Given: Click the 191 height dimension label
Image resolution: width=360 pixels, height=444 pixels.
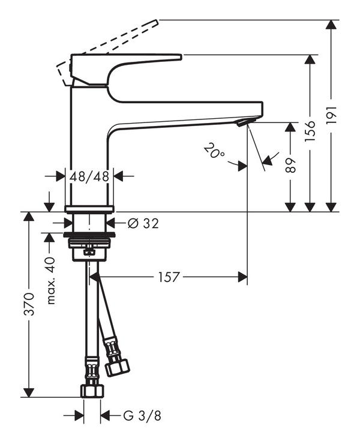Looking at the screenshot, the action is [331, 115].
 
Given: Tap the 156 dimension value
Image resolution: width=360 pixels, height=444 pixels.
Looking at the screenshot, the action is [310, 131].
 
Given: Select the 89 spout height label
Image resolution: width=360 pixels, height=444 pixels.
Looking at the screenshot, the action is [290, 166].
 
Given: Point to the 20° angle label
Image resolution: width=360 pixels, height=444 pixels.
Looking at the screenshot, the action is [214, 151].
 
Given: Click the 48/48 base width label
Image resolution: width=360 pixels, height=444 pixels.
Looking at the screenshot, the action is [89, 176].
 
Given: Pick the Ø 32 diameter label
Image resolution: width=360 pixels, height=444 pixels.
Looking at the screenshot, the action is [143, 224].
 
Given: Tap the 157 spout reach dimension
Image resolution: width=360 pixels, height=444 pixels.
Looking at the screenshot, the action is [169, 277].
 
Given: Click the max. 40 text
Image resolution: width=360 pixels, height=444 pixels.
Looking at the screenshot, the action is [51, 281].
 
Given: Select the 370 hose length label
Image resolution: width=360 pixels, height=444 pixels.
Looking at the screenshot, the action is [29, 304].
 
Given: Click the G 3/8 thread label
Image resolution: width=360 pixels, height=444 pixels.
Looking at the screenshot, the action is [142, 416].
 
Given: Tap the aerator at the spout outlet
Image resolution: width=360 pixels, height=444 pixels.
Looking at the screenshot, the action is [244, 122].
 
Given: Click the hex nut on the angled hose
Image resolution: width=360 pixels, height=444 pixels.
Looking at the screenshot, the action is [117, 367].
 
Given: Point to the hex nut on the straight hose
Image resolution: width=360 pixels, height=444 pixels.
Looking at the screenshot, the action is [92, 391].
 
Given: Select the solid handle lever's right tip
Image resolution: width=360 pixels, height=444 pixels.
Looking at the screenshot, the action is [181, 56].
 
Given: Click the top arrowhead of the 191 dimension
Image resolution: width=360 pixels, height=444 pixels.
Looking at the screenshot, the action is [331, 25].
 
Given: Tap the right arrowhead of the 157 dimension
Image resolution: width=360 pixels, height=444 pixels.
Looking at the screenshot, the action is [243, 277].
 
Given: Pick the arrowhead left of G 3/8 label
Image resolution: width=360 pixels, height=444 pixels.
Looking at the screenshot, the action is [79, 416].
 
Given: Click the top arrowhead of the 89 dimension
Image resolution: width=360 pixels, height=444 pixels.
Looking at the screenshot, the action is [290, 127].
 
